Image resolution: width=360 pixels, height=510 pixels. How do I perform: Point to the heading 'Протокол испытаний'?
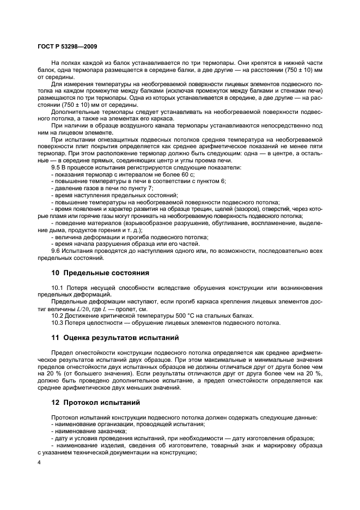click(100, 404)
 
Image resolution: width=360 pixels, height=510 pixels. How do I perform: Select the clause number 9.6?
click(56, 252)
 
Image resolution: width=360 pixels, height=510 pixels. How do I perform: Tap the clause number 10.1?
click(58, 287)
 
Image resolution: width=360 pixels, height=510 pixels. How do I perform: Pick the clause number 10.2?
click(58, 315)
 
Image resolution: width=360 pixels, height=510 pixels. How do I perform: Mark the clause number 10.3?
click(58, 322)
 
